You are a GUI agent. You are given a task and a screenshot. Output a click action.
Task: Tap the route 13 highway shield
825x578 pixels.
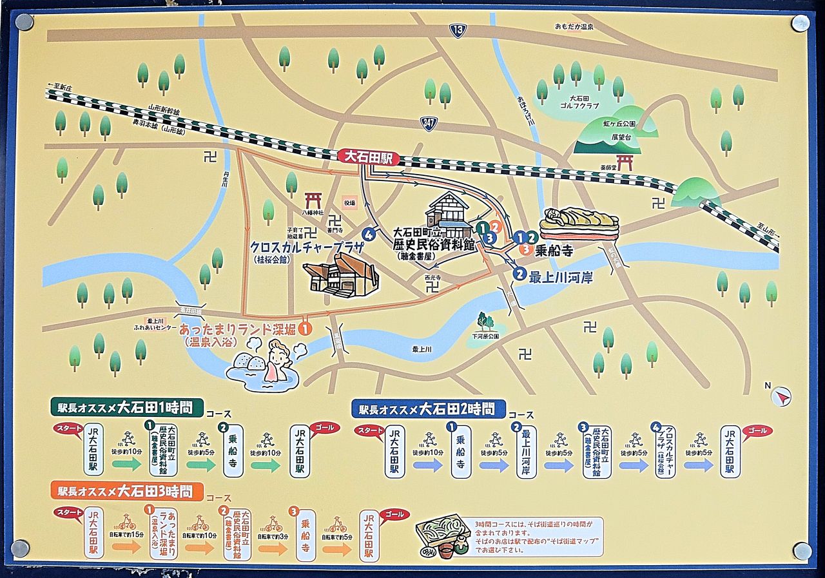pos(458,30)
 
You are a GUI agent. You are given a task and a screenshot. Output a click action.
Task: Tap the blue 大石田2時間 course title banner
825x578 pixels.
pos(428,409)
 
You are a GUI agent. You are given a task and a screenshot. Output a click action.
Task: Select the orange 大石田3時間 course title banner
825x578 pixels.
pos(126,492)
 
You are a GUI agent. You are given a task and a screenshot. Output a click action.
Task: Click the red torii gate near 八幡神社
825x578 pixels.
pos(313,200)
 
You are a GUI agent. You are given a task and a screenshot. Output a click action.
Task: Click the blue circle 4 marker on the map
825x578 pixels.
pos(369,235)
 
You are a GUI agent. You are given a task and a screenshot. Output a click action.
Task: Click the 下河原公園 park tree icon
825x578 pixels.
pos(485,320)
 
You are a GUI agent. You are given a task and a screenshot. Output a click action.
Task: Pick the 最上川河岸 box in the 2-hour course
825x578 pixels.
pos(526,451)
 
